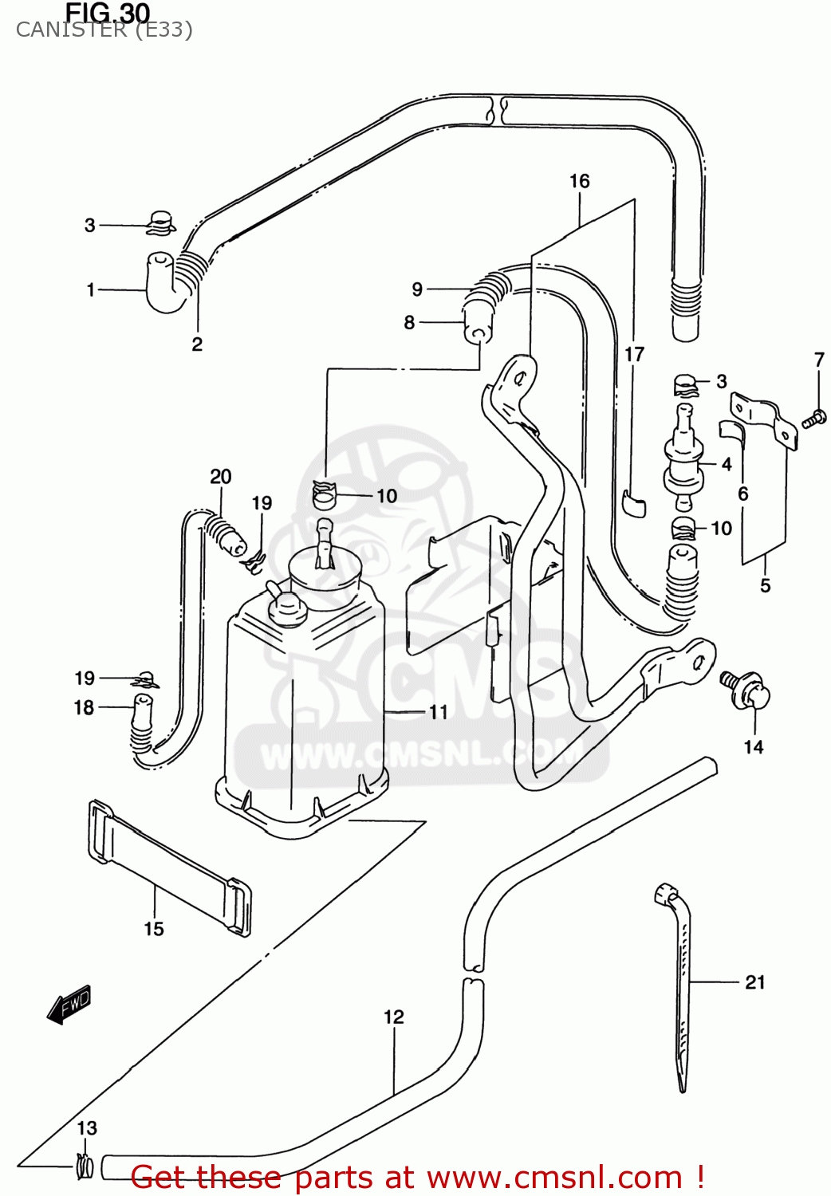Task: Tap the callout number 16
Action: tap(580, 182)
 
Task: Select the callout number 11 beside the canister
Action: tap(439, 712)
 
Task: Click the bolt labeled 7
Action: tap(813, 417)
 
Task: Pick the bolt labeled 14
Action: tap(746, 689)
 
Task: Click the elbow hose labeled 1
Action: tap(165, 283)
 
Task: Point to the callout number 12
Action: tap(394, 1017)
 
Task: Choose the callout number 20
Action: tap(221, 477)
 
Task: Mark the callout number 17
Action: tap(634, 354)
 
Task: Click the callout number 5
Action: tap(766, 586)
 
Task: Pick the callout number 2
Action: tap(197, 344)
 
